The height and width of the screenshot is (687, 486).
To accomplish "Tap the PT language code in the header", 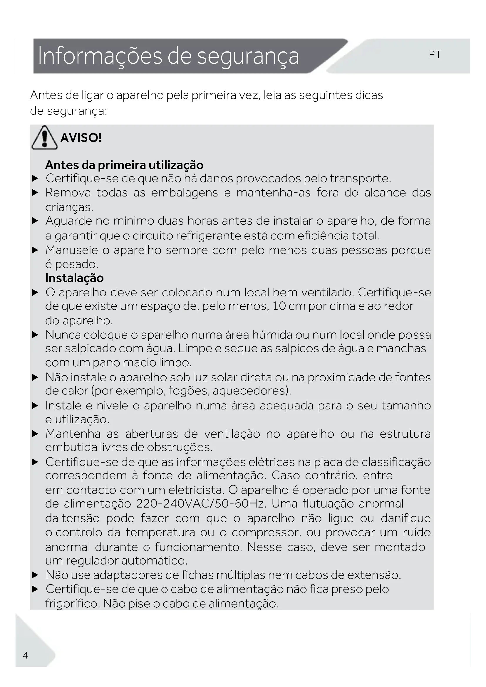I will [x=435, y=55].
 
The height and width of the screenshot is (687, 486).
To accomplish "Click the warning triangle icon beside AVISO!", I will [x=44, y=138].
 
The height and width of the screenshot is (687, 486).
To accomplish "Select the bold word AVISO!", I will [x=81, y=138].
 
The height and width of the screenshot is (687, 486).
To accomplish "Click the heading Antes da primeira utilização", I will [x=124, y=165].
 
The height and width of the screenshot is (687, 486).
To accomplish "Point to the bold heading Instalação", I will [x=75, y=278].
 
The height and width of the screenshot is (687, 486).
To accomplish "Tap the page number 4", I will [x=26, y=655].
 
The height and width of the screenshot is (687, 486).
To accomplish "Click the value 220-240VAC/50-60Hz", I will [x=201, y=504].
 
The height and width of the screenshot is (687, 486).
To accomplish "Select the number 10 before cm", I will [x=279, y=306].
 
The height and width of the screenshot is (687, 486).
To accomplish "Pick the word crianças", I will [x=69, y=207].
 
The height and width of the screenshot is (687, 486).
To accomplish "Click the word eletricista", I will [x=196, y=490].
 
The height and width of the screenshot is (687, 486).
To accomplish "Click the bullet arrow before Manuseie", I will [x=35, y=250].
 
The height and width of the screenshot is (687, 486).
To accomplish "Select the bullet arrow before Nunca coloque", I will [x=35, y=335].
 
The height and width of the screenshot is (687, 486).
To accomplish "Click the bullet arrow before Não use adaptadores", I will [x=35, y=575].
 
